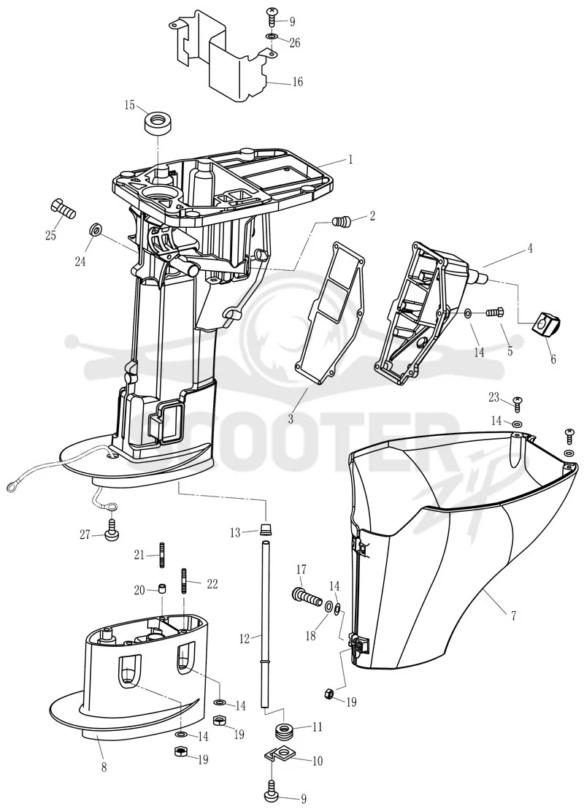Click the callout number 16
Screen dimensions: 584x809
(297, 82)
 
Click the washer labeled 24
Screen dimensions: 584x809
(95, 229)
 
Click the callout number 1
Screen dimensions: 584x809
(350, 159)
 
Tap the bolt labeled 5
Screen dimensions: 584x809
(495, 313)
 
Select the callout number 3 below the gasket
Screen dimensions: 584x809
(291, 419)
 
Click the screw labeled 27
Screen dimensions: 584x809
(112, 533)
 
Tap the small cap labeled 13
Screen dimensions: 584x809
(266, 529)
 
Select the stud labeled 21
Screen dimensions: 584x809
(162, 555)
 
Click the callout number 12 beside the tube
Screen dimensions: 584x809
(244, 640)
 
